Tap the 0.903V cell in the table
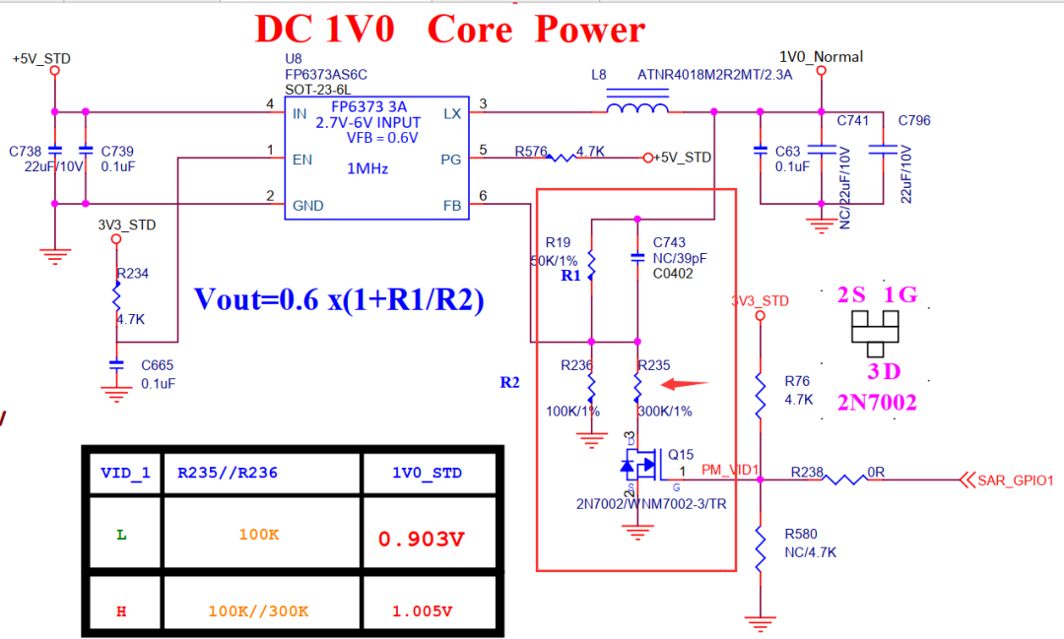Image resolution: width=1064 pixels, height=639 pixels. (421, 539)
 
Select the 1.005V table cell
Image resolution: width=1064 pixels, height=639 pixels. (422, 611)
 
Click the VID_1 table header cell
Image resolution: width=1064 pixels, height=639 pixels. (125, 474)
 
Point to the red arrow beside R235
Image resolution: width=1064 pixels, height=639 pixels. (685, 384)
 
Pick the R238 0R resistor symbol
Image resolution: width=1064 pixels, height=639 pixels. (845, 480)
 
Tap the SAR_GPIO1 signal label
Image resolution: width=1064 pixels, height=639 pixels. (1015, 481)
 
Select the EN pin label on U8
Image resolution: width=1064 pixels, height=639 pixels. (302, 158)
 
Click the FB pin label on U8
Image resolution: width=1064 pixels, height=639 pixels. (452, 206)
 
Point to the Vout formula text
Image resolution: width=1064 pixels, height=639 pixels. (339, 300)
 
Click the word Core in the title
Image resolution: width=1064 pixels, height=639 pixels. (470, 30)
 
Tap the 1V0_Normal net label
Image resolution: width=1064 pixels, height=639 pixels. (821, 57)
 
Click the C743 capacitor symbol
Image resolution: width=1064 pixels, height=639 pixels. (637, 258)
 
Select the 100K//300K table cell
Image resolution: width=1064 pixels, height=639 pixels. (258, 611)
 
